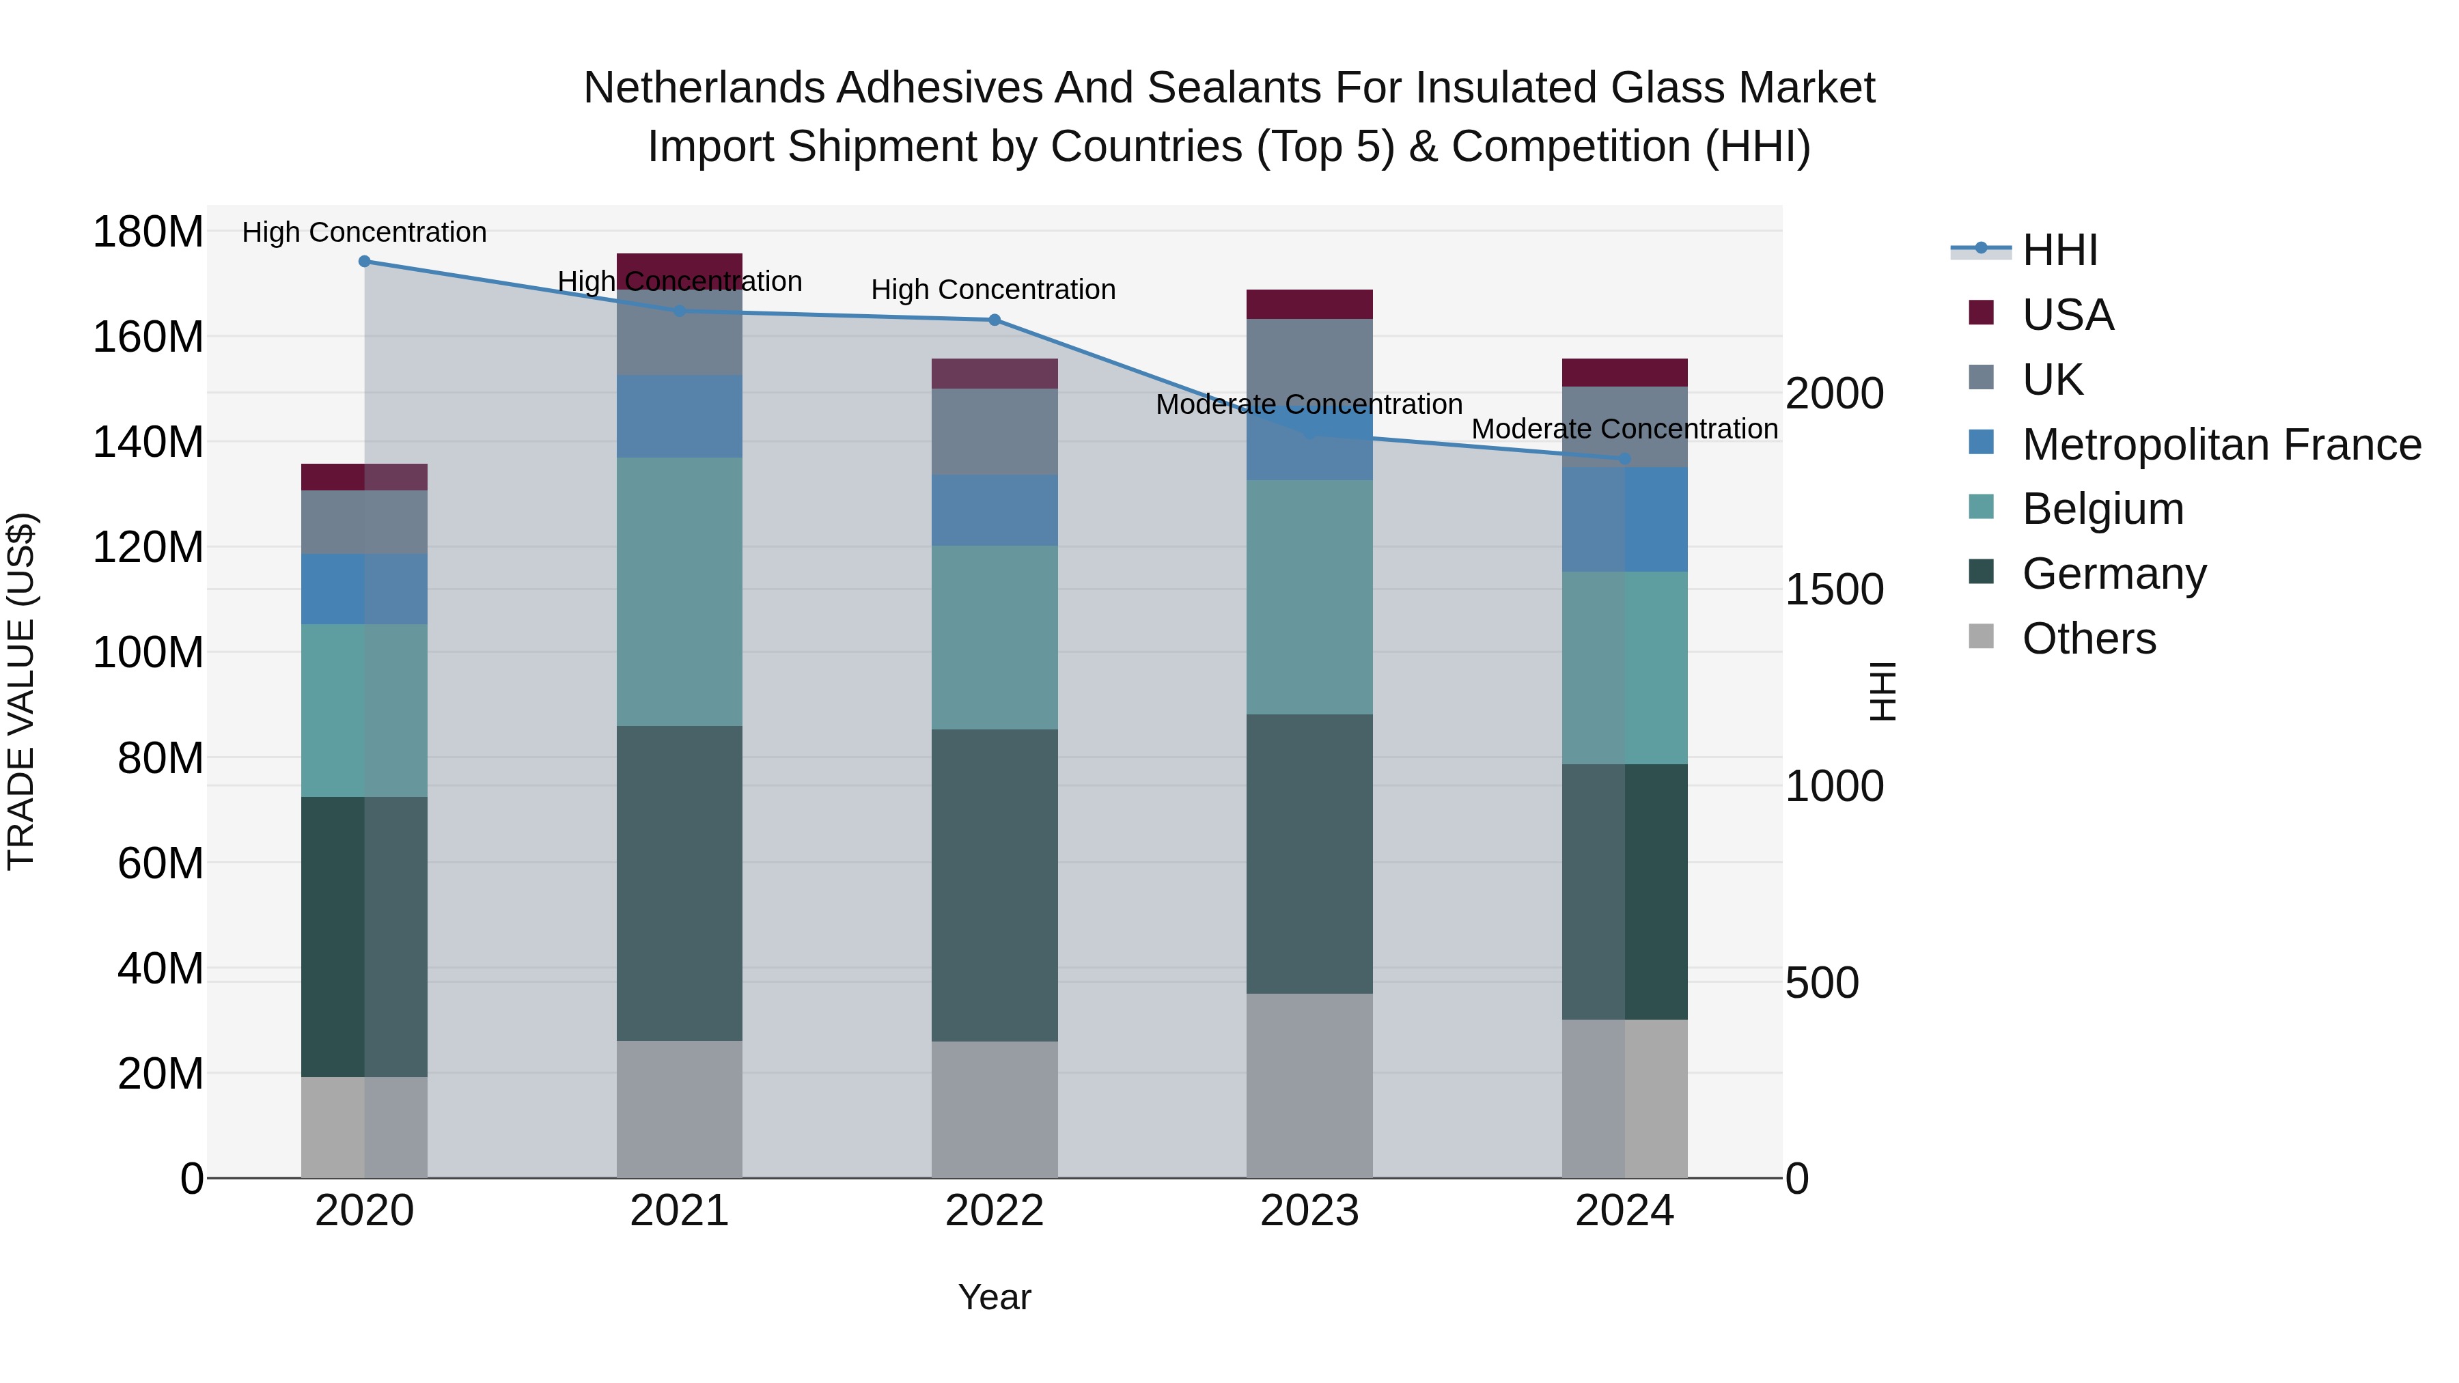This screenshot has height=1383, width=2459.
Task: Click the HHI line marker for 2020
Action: pyautogui.click(x=365, y=262)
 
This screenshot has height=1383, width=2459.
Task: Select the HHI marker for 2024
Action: pyautogui.click(x=1625, y=459)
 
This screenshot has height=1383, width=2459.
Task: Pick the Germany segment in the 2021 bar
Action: pyautogui.click(x=680, y=883)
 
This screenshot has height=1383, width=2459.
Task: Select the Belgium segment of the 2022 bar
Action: pyautogui.click(x=995, y=638)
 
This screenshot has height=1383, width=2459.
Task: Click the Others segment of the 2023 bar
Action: pyautogui.click(x=1309, y=1085)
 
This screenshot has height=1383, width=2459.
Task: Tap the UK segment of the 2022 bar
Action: pyautogui.click(x=995, y=432)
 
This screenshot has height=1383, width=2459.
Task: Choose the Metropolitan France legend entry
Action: pyautogui.click(x=2221, y=445)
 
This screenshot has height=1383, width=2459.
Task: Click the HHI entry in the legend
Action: pyautogui.click(x=2059, y=250)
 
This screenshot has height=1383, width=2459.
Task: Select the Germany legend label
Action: pyautogui.click(x=2113, y=574)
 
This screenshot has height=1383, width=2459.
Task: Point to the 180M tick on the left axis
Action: pyautogui.click(x=148, y=232)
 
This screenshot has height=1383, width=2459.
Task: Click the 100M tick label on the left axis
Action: pyautogui.click(x=148, y=653)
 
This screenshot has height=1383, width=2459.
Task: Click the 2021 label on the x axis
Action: pyautogui.click(x=680, y=1211)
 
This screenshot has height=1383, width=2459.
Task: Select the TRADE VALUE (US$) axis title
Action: pyautogui.click(x=21, y=691)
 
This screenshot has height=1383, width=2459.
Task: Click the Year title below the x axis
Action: pyautogui.click(x=995, y=1297)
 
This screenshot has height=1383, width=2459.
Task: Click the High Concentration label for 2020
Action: pyautogui.click(x=365, y=232)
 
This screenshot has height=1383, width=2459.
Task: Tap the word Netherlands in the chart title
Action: pyautogui.click(x=704, y=88)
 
